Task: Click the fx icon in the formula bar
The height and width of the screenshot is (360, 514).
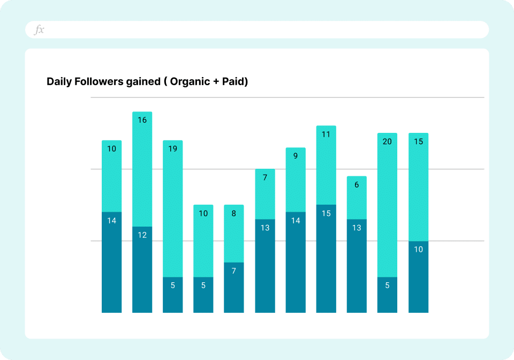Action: pos(39,30)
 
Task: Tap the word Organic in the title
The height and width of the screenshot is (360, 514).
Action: pos(190,82)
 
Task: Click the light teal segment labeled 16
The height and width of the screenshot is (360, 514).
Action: pos(142,169)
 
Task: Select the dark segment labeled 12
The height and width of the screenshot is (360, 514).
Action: pos(142,269)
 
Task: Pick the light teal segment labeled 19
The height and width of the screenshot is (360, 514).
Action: pos(173,209)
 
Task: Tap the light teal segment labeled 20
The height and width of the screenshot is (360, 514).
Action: pos(387,205)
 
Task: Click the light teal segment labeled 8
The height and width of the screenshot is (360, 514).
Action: pos(234,234)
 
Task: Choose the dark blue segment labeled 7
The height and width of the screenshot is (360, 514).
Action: pos(234,288)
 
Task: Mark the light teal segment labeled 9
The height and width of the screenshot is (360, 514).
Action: pos(296,180)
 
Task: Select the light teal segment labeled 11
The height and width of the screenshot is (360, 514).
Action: pos(326,166)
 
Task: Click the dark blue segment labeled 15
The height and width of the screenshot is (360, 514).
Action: pos(326,259)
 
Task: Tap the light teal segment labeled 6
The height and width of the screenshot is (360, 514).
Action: pos(357,198)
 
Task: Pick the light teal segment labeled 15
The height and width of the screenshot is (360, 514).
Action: pos(418,187)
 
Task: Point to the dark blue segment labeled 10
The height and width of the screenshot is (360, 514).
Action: pos(418,277)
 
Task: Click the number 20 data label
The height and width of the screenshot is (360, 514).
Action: pos(387,142)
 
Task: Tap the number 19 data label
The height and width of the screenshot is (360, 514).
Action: pos(173,149)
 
